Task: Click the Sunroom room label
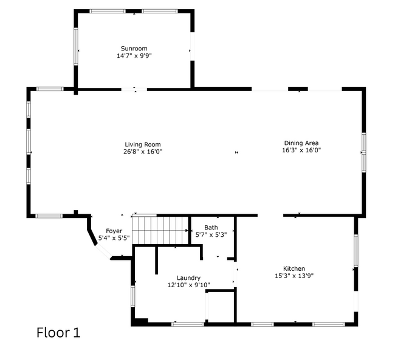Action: [134, 49]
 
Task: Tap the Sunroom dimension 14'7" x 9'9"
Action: [134, 56]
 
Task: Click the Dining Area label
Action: [301, 143]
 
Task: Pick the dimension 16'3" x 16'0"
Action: [301, 151]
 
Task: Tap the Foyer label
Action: [114, 231]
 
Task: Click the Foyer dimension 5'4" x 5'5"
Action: [114, 239]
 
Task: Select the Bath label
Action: [211, 228]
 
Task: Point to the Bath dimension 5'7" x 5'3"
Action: [211, 235]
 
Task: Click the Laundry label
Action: [188, 278]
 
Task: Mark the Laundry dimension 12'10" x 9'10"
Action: [188, 285]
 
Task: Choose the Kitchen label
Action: [294, 268]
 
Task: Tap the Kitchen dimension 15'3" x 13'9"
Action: [294, 276]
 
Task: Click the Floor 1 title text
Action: [58, 333]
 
